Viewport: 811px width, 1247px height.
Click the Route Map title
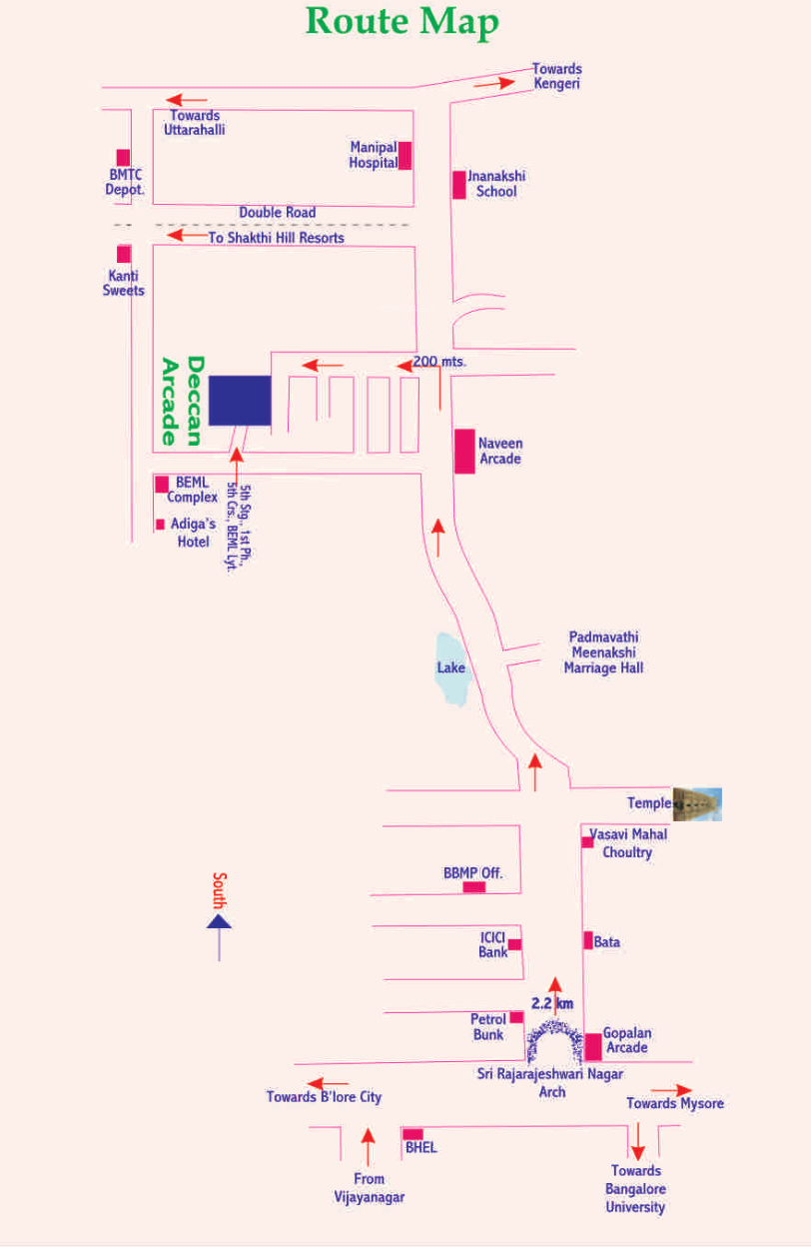click(402, 22)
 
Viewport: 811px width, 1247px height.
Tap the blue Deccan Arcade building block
click(240, 400)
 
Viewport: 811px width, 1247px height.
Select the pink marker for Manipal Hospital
click(405, 156)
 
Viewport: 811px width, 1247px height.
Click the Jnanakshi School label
click(496, 183)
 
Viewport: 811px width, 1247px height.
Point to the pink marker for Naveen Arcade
click(464, 451)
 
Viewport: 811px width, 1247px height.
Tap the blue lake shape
click(451, 667)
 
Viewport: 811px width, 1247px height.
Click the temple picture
click(696, 803)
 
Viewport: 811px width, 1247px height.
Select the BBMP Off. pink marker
click(473, 886)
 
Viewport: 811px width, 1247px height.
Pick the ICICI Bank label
click(493, 944)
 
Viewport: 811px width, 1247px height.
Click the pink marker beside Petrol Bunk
click(516, 1017)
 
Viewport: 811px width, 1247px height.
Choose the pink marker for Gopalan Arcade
click(593, 1045)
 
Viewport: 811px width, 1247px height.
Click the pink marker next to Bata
click(587, 940)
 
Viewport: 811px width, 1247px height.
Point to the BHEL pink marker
click(412, 1134)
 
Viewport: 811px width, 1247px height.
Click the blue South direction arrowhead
click(219, 921)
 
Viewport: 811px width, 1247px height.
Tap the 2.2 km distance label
click(552, 1003)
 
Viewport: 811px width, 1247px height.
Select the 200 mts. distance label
click(439, 361)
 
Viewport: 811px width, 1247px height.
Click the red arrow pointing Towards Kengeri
click(494, 83)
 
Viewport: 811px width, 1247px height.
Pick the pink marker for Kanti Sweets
click(124, 254)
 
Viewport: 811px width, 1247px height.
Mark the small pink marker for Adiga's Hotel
click(160, 524)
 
